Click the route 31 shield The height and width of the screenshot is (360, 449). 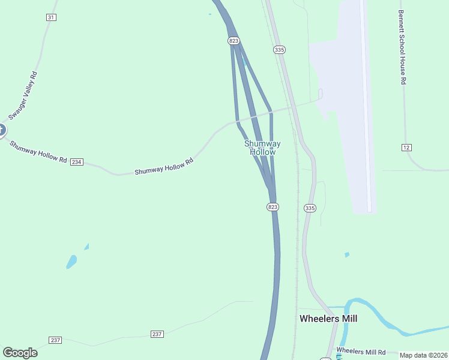tap(50, 17)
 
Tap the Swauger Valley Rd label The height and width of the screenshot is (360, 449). tap(23, 95)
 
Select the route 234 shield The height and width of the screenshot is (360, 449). tap(76, 162)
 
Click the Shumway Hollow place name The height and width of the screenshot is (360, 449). tap(262, 148)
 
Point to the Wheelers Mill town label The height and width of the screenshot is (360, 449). tap(328, 319)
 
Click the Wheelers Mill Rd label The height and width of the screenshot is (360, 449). tap(360, 351)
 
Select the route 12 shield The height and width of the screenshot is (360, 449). tap(406, 147)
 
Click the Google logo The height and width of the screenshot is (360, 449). tap(20, 353)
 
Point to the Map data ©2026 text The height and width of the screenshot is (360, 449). tap(423, 355)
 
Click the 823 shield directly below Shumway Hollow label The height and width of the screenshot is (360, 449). tap(273, 207)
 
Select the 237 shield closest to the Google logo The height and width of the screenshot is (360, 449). tap(56, 340)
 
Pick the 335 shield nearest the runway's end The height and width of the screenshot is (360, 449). tap(309, 208)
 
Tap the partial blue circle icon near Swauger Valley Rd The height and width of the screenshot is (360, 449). tap(2, 130)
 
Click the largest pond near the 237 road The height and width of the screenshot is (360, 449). tap(71, 262)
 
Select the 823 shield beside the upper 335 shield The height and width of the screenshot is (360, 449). tap(234, 40)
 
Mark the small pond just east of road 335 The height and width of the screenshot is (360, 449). tap(347, 254)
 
